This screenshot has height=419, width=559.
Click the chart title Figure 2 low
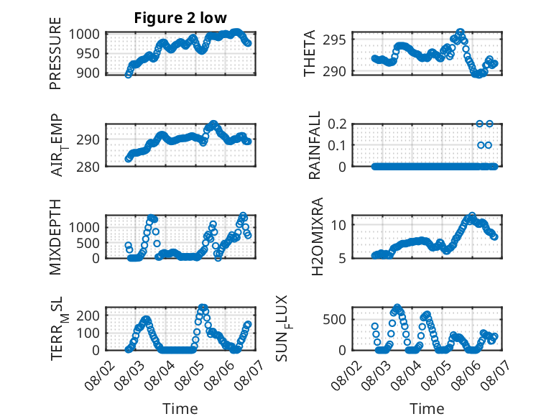pos(180,18)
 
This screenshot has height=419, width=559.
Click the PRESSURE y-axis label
pos(55,53)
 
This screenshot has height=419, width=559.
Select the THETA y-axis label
pos(310,53)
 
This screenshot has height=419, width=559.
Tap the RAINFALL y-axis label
pos(315,144)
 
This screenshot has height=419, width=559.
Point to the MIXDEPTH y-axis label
pos(55,236)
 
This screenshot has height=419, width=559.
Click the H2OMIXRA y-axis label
pos(317,236)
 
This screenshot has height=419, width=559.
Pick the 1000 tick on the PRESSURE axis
pos(84,34)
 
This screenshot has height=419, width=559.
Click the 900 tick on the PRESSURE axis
pos(88,73)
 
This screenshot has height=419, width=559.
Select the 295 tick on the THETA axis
pos(334,40)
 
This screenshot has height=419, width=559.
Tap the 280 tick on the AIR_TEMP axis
pos(88,167)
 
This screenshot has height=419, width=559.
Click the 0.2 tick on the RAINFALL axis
pos(337,124)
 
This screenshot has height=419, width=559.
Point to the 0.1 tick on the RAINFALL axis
pos(337,145)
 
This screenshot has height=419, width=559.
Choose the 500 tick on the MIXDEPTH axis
pos(88,243)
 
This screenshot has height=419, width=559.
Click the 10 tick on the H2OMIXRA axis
pos(338,225)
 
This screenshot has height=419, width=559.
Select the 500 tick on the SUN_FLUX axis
pos(334,320)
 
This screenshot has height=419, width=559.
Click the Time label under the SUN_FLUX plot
pos(427,409)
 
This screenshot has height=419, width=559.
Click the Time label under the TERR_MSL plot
pos(180,409)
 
